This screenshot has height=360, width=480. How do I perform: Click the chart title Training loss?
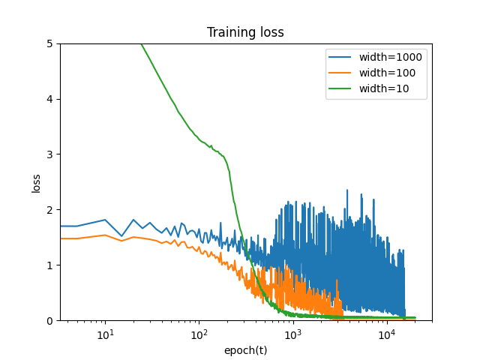pyautogui.click(x=245, y=32)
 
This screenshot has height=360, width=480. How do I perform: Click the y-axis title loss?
pyautogui.click(x=36, y=182)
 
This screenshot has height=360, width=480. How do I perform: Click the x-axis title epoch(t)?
pyautogui.click(x=245, y=349)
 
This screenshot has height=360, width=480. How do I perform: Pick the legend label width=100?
pyautogui.click(x=391, y=73)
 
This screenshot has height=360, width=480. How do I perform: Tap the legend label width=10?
pyautogui.click(x=388, y=90)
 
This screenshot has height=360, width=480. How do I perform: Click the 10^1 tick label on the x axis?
pyautogui.click(x=105, y=334)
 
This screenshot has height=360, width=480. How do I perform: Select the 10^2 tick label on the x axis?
pyautogui.click(x=199, y=334)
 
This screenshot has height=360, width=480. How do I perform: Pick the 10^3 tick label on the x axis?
pyautogui.click(x=292, y=334)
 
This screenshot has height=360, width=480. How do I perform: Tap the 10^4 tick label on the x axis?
pyautogui.click(x=386, y=334)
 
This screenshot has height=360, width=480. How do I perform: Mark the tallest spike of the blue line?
pyautogui.click(x=347, y=190)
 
